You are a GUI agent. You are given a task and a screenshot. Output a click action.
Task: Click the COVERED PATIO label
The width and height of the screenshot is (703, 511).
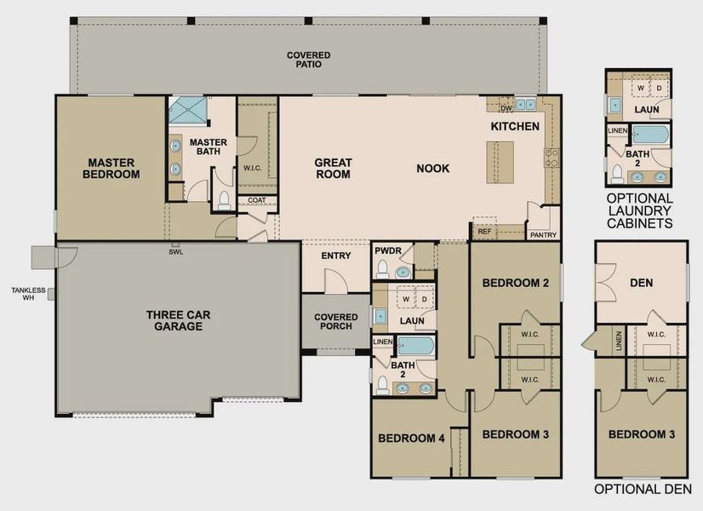tap(308, 60)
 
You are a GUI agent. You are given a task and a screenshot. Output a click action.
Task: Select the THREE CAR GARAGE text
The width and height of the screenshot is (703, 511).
tap(174, 320)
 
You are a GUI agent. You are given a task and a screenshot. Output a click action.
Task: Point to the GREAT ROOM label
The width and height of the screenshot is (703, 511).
tap(333, 168)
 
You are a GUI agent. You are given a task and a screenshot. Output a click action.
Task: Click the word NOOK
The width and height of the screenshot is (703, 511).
tap(432, 168)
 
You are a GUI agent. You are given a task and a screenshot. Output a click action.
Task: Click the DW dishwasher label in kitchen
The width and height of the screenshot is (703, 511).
tap(506, 108)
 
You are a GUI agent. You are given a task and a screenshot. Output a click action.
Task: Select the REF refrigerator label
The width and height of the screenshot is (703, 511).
tap(483, 231)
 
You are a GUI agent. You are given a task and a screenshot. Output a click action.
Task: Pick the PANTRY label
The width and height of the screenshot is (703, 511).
tap(542, 235)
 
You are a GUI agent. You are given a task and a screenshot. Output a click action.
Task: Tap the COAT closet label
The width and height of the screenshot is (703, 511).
tap(256, 201)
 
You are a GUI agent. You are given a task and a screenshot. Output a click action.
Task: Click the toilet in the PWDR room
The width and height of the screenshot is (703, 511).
tap(382, 270)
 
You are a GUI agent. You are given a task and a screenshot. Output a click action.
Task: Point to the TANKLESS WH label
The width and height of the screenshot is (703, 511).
tap(22, 294)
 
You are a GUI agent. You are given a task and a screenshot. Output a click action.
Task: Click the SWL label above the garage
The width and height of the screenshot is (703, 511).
tap(175, 251)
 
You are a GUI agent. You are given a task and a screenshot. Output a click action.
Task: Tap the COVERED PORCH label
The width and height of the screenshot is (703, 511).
tap(336, 321)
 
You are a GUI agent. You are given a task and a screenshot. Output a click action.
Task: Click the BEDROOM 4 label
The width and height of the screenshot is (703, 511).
tap(411, 439)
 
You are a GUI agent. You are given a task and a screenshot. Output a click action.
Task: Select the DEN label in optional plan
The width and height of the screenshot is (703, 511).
tap(642, 283)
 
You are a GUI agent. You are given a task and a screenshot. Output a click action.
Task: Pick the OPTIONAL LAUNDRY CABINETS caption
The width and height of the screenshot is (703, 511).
tap(639, 210)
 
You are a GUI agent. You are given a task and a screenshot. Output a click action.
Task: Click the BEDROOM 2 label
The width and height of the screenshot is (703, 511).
tap(515, 283)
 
